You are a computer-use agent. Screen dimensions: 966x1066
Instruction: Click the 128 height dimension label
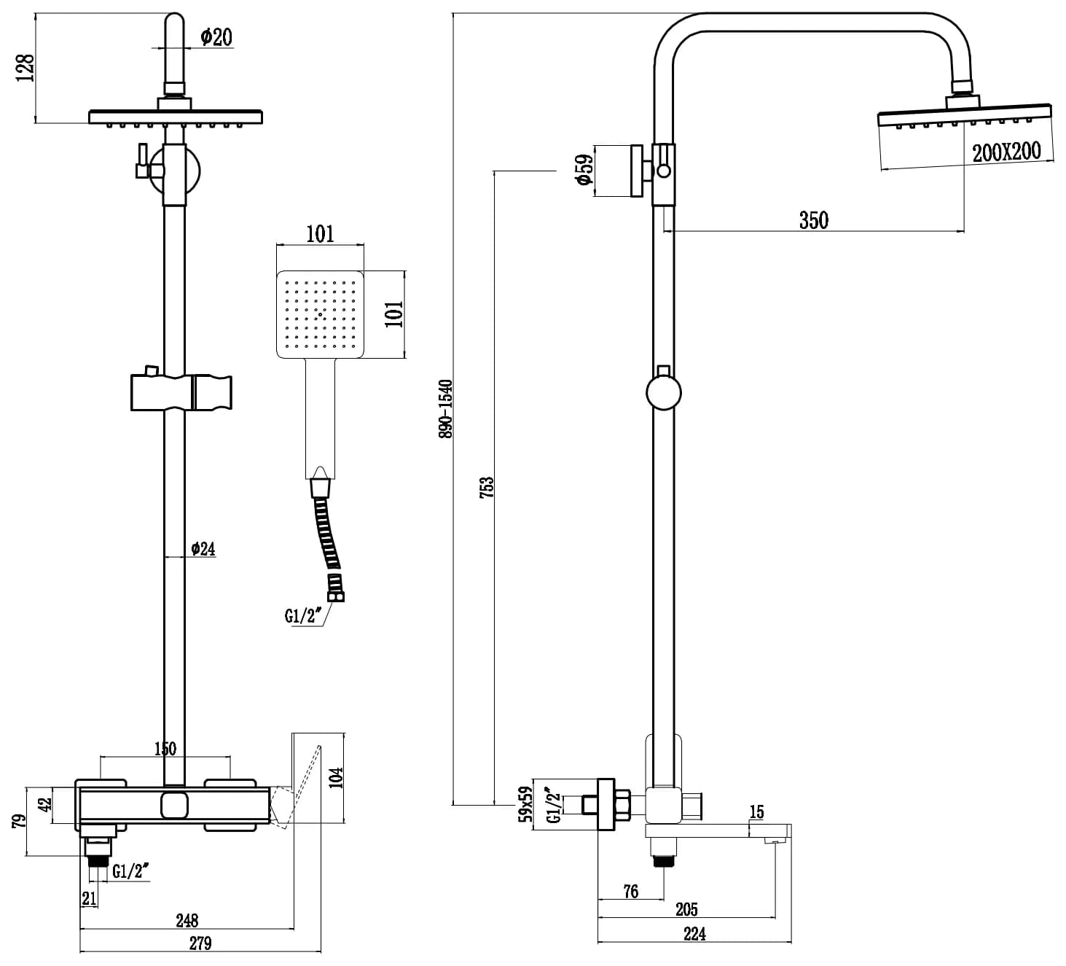[x=26, y=67]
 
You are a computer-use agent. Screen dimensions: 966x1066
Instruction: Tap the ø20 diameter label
[x=216, y=36]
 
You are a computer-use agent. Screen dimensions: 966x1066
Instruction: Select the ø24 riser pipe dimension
[x=203, y=548]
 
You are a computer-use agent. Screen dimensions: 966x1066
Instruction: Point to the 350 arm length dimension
[x=813, y=219]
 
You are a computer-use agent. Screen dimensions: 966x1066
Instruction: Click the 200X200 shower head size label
[x=1006, y=152]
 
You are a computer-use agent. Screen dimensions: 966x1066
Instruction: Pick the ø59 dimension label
[x=583, y=171]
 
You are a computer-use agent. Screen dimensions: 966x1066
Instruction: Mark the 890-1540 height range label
[x=445, y=408]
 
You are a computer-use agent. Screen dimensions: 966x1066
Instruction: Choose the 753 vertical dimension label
[x=487, y=487]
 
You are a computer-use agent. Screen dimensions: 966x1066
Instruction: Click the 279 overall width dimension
[x=200, y=943]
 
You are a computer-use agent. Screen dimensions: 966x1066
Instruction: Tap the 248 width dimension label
[x=187, y=920]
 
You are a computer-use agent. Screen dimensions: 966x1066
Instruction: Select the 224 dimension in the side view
[x=694, y=933]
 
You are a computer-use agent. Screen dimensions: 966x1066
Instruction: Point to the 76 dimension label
[x=631, y=891]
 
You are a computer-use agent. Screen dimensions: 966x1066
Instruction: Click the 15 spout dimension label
[x=756, y=811]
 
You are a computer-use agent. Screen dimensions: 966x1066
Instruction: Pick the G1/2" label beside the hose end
[x=303, y=616]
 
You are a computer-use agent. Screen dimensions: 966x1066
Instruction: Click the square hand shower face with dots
[x=321, y=314]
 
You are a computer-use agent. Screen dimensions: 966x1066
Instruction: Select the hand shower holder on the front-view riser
[x=181, y=392]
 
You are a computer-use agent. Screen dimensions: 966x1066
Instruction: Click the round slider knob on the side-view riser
[x=663, y=393]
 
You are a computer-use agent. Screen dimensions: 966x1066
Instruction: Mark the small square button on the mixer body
[x=175, y=806]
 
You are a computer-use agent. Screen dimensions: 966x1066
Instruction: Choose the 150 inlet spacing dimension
[x=165, y=748]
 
